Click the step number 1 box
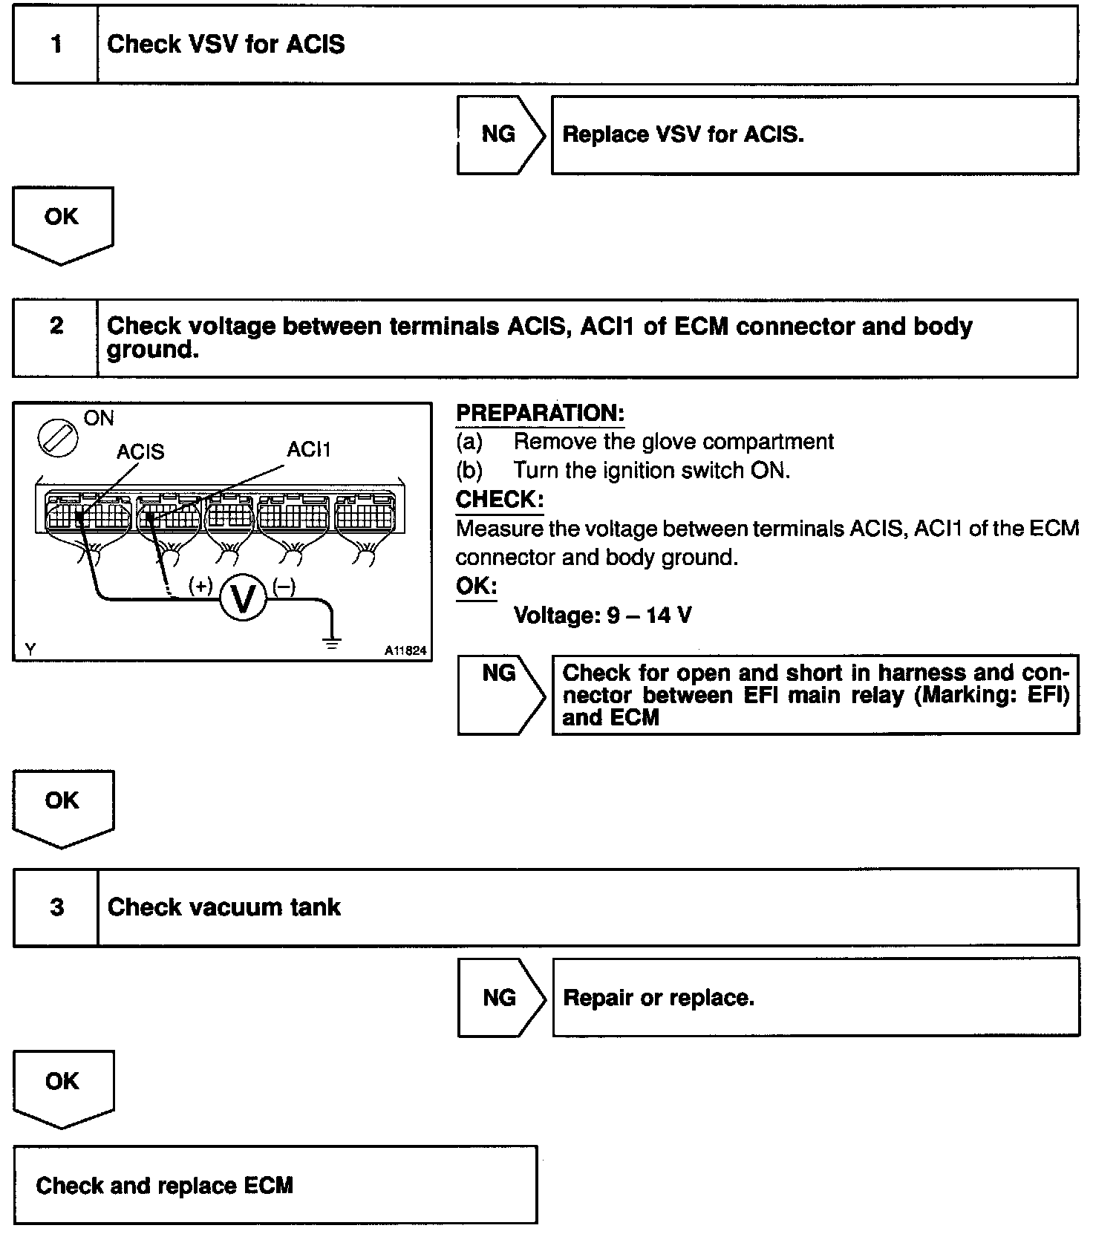point(56,45)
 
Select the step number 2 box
point(56,338)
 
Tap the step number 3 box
point(56,907)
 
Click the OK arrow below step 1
point(62,223)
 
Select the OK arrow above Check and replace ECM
point(62,1086)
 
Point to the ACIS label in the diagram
point(140,451)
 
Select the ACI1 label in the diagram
point(309,449)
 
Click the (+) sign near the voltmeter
point(200,586)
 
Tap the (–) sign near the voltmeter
point(284,587)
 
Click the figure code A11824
point(405,650)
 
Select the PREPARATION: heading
point(540,414)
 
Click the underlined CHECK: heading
point(500,500)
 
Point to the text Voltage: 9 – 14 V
point(602,616)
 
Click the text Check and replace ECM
point(164,1185)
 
